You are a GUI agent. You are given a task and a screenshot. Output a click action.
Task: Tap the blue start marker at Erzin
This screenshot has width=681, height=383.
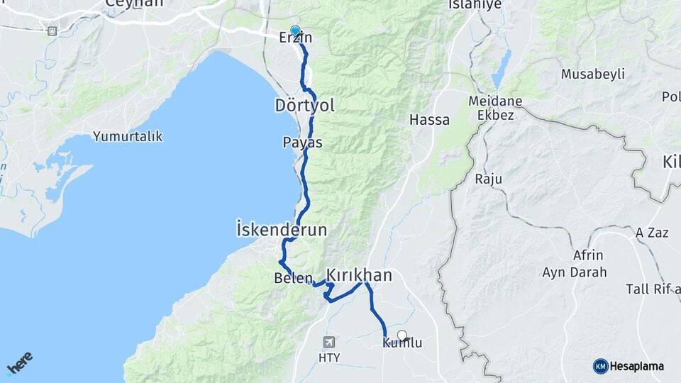coord(295,30)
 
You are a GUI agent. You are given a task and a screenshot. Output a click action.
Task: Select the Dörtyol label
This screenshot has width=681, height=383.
coord(304,106)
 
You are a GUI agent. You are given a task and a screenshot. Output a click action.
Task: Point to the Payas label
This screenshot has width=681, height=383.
coord(302,143)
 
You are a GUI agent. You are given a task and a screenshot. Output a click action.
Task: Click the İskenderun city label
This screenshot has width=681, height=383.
coord(282,230)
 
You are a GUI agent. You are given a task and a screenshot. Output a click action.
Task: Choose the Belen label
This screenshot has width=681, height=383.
coord(293,279)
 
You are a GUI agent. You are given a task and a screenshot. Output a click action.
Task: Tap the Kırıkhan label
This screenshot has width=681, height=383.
coord(359,275)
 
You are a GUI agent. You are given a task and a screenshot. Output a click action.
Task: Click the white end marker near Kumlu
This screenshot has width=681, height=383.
coord(402,335)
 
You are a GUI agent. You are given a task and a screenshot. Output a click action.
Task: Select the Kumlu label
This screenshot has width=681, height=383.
coord(402,343)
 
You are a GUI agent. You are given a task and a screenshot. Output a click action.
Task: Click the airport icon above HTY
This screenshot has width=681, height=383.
coord(328,342)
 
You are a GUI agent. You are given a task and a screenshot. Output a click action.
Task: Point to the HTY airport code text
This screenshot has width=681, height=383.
coord(328,357)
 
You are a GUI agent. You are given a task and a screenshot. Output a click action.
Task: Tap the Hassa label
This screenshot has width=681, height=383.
coord(429,121)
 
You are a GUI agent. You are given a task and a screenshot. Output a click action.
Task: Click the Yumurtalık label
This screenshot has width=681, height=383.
coord(128,136)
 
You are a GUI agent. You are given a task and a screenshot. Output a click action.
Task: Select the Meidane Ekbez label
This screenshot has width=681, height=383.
coord(495,108)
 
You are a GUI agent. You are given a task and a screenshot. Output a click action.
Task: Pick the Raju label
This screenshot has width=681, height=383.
coord(489,179)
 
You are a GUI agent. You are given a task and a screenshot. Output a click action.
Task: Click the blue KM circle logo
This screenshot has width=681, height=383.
coord(600,366)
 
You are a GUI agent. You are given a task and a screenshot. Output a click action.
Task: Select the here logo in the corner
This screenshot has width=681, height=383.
coord(20,362)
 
